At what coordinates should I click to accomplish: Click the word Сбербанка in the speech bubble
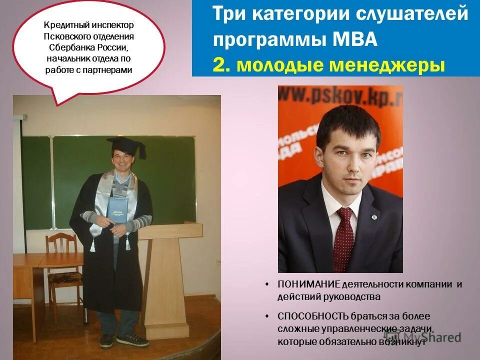click(70, 47)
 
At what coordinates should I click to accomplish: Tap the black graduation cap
click(126, 145)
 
